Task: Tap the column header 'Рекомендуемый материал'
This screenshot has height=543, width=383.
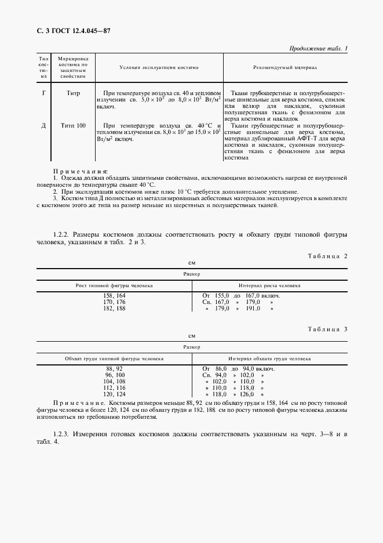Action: point(285,68)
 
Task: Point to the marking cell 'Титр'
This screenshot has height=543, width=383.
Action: point(74,93)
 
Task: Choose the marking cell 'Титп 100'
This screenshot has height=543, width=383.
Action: point(74,125)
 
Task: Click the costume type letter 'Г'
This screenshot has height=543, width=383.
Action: point(43,93)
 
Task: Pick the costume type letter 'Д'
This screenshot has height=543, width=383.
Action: point(43,125)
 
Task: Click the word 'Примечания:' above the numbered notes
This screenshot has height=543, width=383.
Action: point(81,172)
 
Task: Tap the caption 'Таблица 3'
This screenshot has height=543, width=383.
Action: point(327,329)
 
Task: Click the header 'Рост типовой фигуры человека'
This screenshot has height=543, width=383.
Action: point(114,286)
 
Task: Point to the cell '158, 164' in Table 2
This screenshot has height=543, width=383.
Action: point(114,295)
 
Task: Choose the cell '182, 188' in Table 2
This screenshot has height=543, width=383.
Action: point(114,308)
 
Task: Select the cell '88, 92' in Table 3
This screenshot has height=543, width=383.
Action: point(114,368)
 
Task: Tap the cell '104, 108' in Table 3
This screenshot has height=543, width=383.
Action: point(114,381)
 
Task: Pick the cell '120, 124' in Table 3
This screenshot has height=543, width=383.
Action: point(114,394)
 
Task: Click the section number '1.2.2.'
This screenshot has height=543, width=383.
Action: point(62,234)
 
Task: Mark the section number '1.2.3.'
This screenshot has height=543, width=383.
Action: point(62,435)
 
